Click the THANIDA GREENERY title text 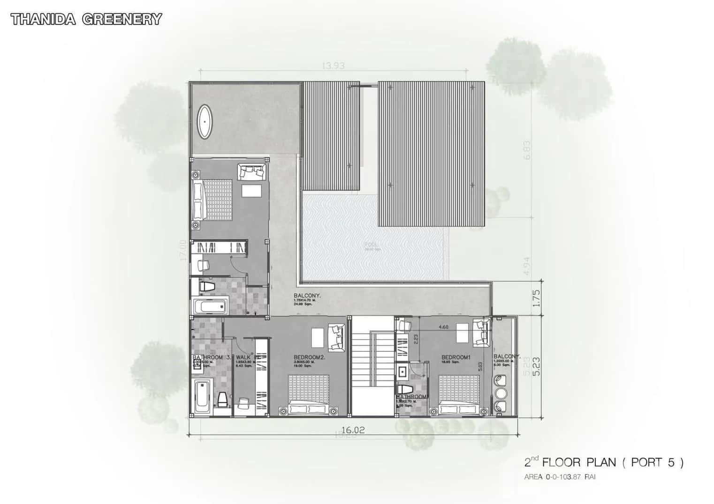86,19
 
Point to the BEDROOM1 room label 456,357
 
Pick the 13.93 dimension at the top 333,66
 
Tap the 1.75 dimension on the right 537,298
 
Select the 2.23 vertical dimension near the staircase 416,339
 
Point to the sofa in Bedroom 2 336,336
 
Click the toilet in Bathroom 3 222,400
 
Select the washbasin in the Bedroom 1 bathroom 403,371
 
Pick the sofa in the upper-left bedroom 252,171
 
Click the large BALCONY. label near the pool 307,296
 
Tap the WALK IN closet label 248,357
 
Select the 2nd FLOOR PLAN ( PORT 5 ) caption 604,463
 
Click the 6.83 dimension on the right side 527,150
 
